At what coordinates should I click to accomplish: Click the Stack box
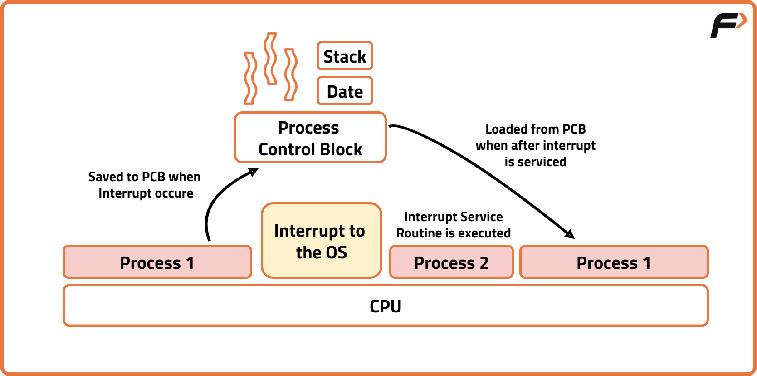[345, 56]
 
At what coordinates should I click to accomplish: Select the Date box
[345, 91]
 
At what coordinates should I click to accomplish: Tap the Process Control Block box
[310, 138]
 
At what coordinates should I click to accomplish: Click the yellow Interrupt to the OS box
[321, 241]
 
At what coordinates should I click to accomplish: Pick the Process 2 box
[451, 262]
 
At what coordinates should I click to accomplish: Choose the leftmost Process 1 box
[157, 262]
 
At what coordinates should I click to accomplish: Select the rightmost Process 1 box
[614, 262]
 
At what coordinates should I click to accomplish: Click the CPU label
[386, 307]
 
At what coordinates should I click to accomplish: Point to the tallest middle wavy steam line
[271, 58]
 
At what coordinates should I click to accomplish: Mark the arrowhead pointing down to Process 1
[570, 234]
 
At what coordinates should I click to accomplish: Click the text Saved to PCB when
[144, 177]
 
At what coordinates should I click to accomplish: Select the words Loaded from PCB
[535, 129]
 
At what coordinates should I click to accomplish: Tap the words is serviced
[535, 162]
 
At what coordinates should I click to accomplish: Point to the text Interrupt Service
[453, 217]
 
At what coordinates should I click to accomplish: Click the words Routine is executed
[453, 233]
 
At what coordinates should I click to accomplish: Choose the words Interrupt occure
[146, 193]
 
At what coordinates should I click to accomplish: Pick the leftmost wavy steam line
[250, 78]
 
